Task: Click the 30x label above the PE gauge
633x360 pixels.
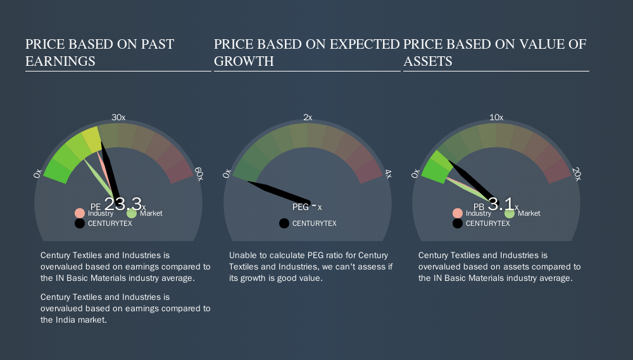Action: [x=118, y=118]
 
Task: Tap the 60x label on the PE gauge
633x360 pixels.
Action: [x=199, y=174]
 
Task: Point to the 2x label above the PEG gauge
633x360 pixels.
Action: [x=308, y=118]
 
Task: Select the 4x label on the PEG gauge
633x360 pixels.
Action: [x=388, y=174]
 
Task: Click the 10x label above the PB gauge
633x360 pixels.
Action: [x=496, y=118]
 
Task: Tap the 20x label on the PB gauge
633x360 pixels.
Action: [x=577, y=174]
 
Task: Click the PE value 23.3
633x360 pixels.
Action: [x=123, y=203]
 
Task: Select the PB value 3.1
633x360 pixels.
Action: [x=501, y=204]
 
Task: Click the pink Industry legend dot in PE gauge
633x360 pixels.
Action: [x=80, y=213]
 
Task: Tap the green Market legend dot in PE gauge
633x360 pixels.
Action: [x=132, y=213]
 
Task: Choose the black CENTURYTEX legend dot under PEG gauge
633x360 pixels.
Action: [x=284, y=223]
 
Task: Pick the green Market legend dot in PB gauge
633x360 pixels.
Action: [x=510, y=213]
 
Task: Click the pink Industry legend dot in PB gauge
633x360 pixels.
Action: [x=458, y=213]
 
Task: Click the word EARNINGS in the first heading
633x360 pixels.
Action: [x=61, y=61]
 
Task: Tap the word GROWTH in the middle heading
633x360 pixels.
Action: [x=244, y=61]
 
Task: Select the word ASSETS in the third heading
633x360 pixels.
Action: [x=428, y=61]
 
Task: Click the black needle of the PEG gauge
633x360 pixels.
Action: [x=279, y=192]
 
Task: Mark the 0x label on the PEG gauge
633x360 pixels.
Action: [x=227, y=173]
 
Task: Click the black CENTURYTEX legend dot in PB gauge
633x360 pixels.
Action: [x=458, y=223]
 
